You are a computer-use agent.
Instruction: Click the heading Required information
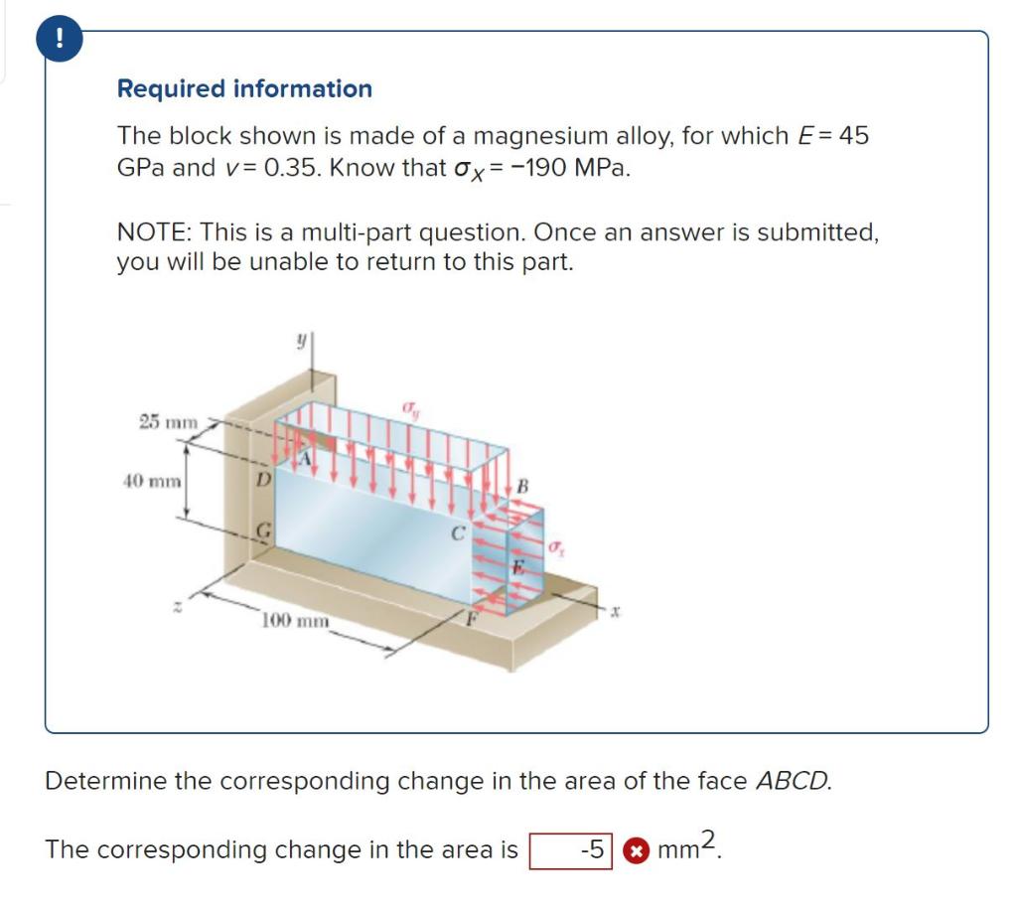tap(244, 88)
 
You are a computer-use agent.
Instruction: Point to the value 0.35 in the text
tap(288, 167)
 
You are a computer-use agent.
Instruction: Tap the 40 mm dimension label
tap(151, 482)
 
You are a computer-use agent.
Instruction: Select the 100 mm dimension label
tap(295, 622)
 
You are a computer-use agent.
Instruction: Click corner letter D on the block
tap(262, 480)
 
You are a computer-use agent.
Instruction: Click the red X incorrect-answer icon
tap(632, 851)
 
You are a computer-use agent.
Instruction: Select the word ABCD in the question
tap(793, 781)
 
